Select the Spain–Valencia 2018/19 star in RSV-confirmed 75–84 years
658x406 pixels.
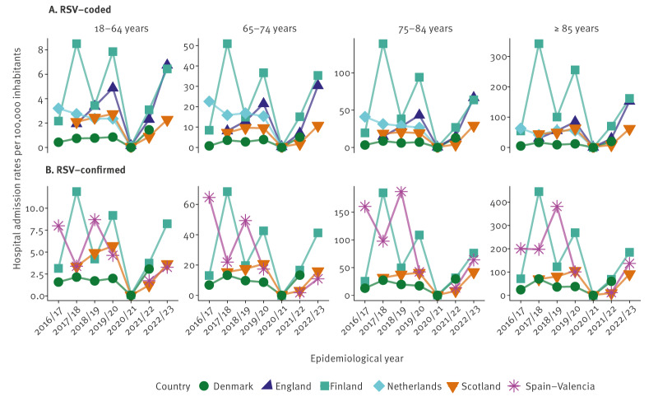click(x=424, y=192)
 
